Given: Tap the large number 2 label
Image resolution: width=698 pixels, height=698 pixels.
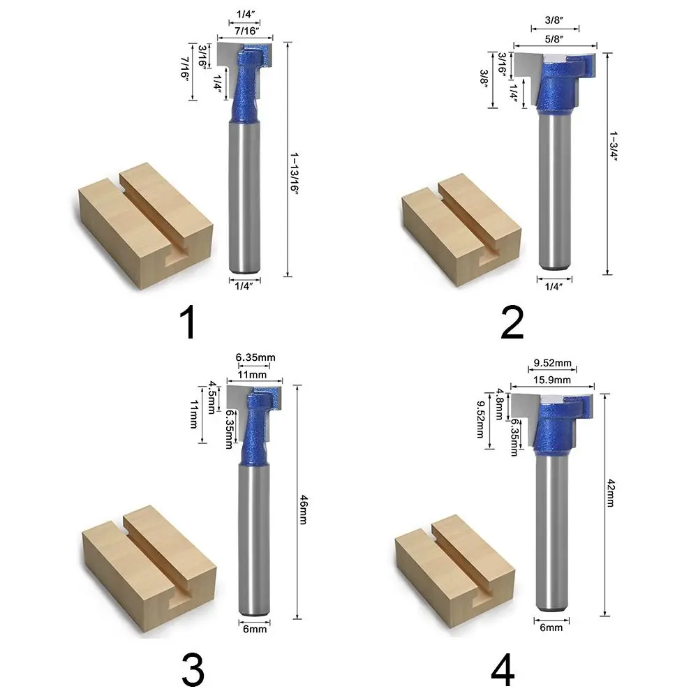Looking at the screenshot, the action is point(512,322).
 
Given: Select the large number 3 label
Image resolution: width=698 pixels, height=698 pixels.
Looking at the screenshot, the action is point(193,669).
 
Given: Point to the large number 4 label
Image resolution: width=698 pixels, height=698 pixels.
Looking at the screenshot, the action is point(503,669).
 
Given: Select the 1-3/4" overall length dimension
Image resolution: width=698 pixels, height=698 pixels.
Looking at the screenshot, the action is point(614,146).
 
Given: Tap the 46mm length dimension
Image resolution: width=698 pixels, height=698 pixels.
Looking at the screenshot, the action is point(303,510).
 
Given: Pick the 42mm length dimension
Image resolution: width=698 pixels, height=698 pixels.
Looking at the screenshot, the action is point(611,493).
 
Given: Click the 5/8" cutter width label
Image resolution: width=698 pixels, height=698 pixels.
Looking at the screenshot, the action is point(554,38).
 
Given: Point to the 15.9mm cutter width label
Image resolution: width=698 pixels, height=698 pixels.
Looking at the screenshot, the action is point(552,380).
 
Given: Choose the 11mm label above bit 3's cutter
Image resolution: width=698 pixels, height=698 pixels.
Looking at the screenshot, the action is point(252,374).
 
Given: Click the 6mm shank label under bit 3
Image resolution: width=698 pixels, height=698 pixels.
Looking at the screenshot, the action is point(255,629).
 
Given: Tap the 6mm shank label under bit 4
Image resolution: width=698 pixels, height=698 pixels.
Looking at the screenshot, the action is point(551,628).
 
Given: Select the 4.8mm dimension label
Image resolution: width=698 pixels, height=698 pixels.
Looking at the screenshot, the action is point(500,403).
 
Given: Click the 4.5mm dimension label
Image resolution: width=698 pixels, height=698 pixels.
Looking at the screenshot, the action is point(212,396).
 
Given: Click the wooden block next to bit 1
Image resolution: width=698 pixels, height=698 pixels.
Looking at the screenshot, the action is point(146,226).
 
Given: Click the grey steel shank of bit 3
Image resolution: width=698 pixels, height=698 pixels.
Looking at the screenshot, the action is point(254,540).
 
